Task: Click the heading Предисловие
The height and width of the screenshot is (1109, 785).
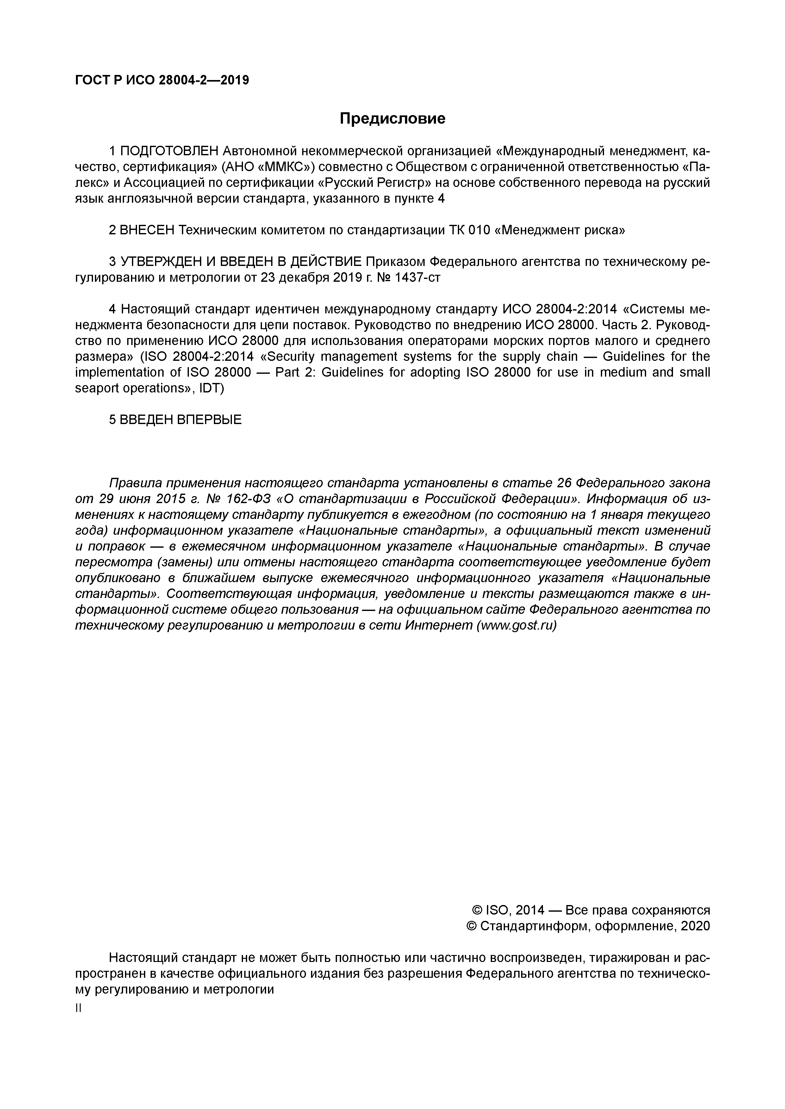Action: (392, 118)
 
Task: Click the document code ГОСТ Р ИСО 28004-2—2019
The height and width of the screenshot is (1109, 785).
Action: (162, 80)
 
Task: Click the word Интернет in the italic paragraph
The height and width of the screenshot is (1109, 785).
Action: (439, 625)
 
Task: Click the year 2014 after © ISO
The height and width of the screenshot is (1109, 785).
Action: (530, 910)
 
